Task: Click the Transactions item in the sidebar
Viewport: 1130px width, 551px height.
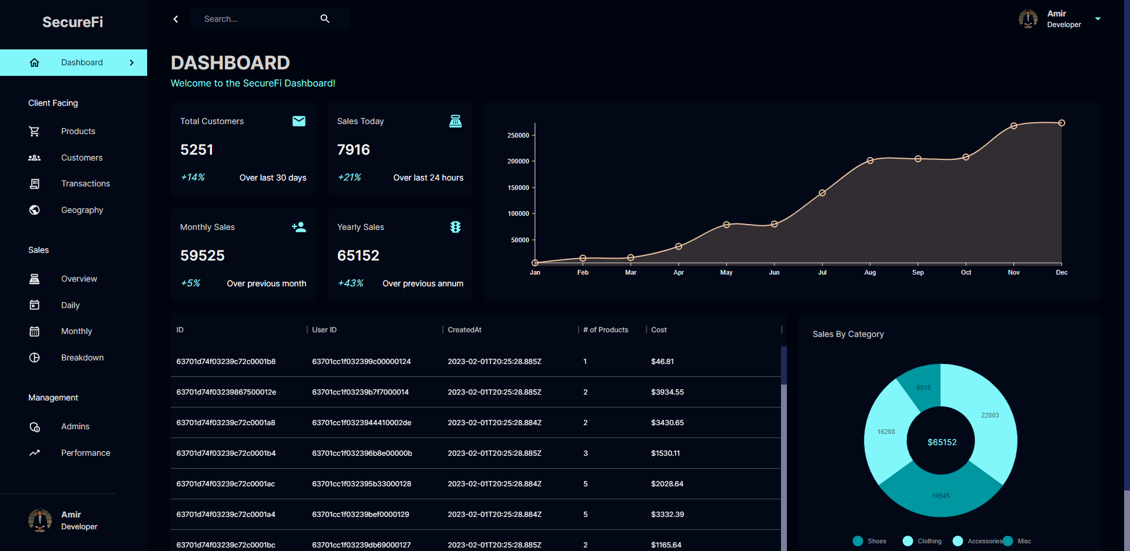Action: coord(85,183)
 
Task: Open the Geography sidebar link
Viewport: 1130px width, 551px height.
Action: coord(82,210)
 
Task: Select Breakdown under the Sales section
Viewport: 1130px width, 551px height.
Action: coord(82,358)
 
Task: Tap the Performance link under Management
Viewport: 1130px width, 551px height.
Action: coord(85,453)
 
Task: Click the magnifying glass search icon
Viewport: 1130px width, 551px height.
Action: coord(325,19)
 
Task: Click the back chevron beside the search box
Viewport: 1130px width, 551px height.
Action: coord(175,19)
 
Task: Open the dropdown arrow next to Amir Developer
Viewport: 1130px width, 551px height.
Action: coord(1098,19)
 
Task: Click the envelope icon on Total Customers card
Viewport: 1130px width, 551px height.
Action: coord(299,121)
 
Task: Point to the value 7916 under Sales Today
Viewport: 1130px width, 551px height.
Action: coord(353,150)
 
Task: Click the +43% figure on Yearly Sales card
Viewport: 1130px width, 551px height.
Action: coord(350,283)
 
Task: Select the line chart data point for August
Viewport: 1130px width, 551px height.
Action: coord(870,161)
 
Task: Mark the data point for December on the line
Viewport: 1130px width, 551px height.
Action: coord(1062,123)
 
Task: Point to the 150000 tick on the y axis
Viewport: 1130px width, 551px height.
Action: coord(518,188)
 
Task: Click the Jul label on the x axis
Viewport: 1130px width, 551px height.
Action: coord(822,272)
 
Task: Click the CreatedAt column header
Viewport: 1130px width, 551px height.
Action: coord(464,330)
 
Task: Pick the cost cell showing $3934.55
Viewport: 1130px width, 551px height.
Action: coord(667,392)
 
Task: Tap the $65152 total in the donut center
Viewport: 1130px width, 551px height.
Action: coord(942,442)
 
